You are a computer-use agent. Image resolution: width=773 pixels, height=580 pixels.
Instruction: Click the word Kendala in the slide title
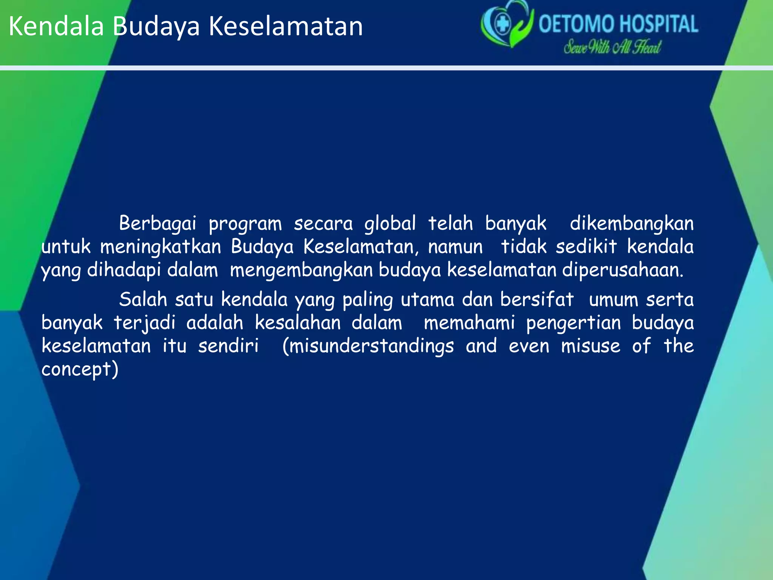tap(56, 26)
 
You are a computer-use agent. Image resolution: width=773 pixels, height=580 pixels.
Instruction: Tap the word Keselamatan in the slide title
tap(286, 26)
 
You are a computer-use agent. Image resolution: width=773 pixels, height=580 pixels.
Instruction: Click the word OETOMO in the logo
tap(576, 25)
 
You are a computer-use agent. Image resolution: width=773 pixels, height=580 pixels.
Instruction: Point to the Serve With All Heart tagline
tap(612, 48)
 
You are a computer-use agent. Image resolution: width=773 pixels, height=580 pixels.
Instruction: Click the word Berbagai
tap(158, 224)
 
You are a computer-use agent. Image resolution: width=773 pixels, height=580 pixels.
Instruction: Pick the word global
tap(390, 224)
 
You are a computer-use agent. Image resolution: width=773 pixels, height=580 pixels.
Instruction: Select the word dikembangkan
tap(631, 224)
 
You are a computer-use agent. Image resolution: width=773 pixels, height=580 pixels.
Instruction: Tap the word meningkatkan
tap(160, 247)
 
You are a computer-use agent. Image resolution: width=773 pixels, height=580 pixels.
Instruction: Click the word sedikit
tap(586, 247)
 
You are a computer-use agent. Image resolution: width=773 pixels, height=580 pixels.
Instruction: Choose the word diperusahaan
tap(623, 270)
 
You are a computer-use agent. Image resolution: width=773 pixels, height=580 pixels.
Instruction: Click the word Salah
tap(143, 300)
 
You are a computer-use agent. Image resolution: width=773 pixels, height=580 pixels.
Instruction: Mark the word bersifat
tap(537, 300)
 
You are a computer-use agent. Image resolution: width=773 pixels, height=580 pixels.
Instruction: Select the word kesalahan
tap(297, 323)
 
